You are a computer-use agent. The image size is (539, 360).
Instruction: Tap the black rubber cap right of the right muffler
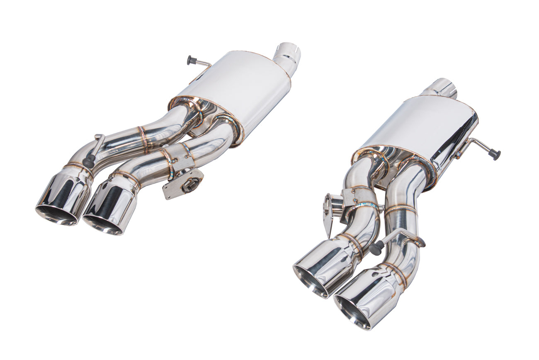pos(495,154)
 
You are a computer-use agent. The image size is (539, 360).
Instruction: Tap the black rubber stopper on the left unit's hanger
pos(88,162)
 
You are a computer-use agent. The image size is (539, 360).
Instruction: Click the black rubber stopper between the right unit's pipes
pos(376,248)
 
